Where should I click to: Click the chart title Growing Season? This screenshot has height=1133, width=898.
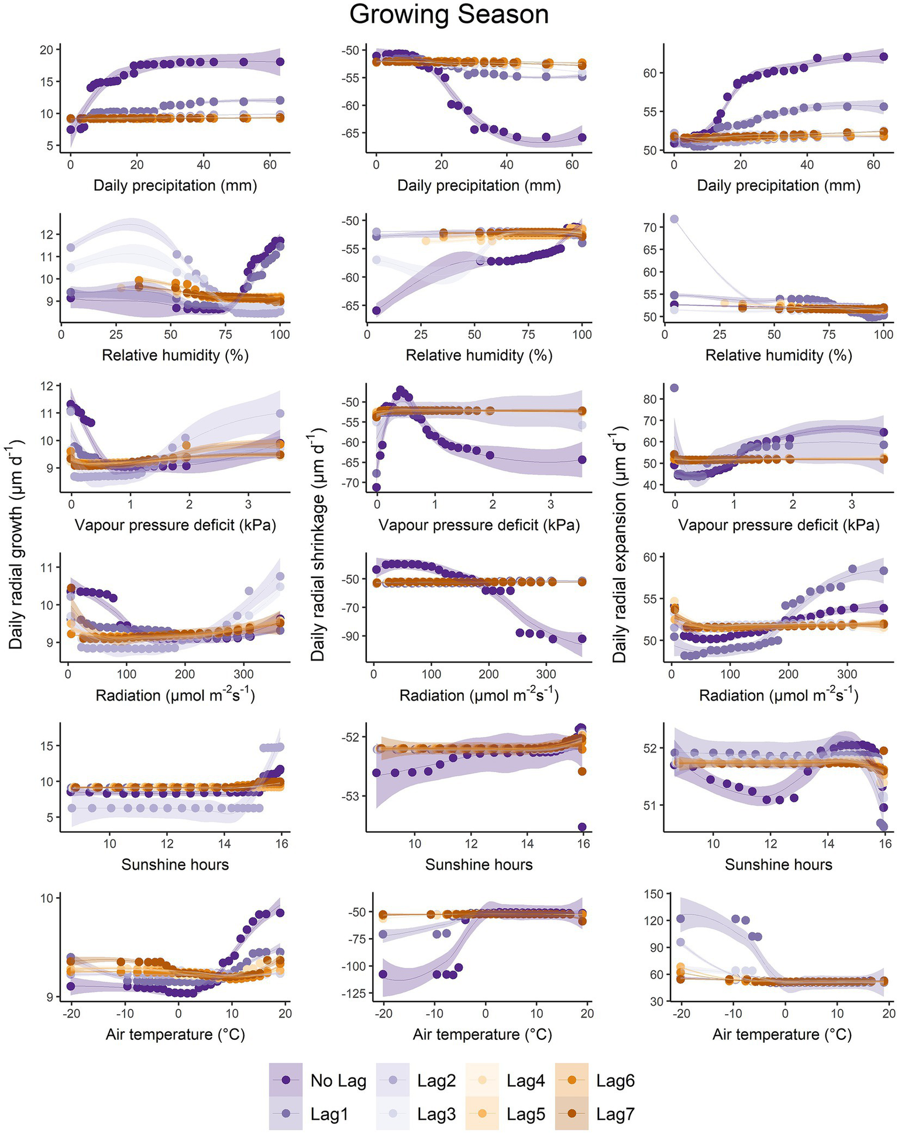point(449,15)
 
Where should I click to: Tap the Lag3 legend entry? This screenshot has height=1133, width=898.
point(436,1114)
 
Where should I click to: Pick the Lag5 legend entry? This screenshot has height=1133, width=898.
point(526,1114)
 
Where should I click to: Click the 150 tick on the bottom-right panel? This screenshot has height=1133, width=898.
point(655,894)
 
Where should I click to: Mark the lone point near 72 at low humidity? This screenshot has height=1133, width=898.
point(674,219)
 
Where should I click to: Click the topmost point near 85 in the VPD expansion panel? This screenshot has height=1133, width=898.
point(674,388)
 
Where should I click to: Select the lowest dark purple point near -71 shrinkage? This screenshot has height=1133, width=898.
point(377,487)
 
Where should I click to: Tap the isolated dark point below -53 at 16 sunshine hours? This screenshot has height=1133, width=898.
point(582,827)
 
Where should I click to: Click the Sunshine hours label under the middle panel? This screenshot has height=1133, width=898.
point(479,864)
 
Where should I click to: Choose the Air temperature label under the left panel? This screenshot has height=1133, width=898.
point(175,1034)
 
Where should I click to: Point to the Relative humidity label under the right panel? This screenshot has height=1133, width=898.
point(778,355)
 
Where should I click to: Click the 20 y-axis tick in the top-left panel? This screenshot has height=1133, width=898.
point(46,50)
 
